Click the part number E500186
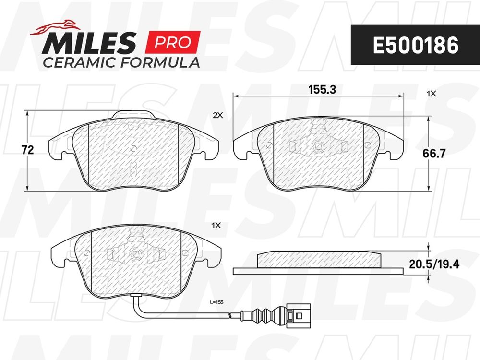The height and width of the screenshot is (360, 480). pos(415,45)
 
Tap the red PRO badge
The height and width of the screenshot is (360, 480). pos(173,42)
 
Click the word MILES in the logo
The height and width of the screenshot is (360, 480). pos(89,43)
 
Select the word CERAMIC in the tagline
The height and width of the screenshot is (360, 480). pos(79,62)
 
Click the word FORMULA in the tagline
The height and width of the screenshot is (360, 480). pos(159,62)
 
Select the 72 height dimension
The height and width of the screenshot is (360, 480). pos(28,150)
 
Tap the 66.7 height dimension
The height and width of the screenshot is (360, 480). pos(434,154)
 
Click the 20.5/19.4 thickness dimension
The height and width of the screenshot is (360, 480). pos(434,264)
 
